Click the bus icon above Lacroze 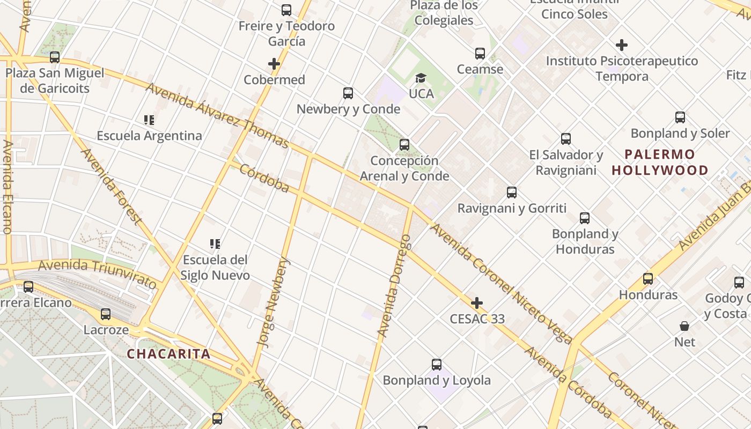[x=106, y=314]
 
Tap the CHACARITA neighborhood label [x=168, y=354]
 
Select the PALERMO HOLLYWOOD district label [x=660, y=162]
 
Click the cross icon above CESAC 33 [x=477, y=303]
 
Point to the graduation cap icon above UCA [x=421, y=78]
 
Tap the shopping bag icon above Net [x=684, y=326]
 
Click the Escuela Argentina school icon [x=149, y=120]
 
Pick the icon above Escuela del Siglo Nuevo [x=215, y=245]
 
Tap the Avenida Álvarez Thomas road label [x=217, y=116]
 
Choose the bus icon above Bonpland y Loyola [x=437, y=365]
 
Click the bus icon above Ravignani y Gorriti [x=512, y=193]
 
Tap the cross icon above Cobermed [x=274, y=64]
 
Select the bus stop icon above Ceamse [x=480, y=54]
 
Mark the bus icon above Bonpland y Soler [x=680, y=117]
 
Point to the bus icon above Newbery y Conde [x=348, y=93]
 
